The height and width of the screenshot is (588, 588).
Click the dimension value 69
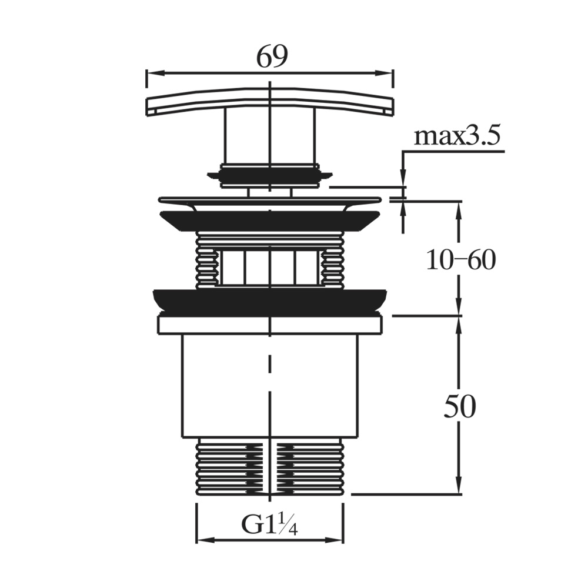[x=272, y=56]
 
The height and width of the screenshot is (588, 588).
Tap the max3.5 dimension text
[x=457, y=136]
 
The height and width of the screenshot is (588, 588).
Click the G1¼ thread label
[x=270, y=523]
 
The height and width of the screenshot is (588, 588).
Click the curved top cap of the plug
[x=269, y=100]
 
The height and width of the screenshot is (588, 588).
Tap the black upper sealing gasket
[x=269, y=220]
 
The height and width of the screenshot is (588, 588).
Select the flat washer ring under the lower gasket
[x=269, y=325]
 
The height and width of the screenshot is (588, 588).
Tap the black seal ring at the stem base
[x=269, y=175]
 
